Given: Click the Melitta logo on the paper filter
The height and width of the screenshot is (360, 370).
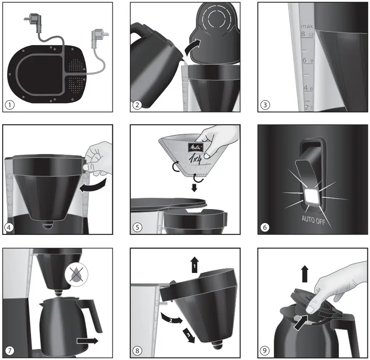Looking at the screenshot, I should tap(195, 147).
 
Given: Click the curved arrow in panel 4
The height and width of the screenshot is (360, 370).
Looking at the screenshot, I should tap(94, 185).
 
